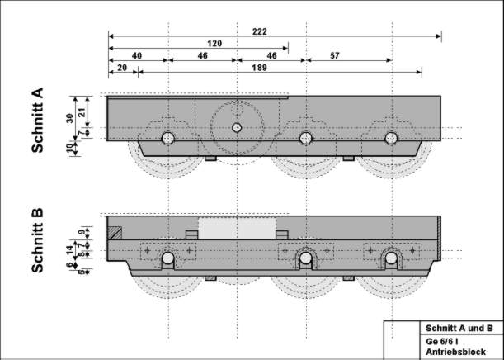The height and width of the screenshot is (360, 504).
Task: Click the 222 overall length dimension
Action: point(260,31)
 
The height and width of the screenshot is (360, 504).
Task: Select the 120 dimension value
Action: point(214,44)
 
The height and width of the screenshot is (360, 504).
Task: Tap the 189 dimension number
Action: point(259,68)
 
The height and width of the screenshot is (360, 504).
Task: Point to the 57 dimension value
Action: point(335,55)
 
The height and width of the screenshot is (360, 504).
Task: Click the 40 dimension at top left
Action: point(137,55)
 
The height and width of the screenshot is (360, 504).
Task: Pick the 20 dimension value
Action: point(122,68)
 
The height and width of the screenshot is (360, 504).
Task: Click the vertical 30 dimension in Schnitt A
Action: point(70,118)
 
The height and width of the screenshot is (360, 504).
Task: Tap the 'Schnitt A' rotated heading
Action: point(37,120)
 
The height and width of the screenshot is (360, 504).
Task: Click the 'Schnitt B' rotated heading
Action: point(37,240)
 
